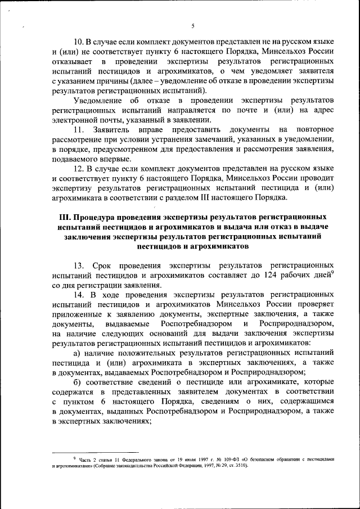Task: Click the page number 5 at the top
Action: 192,26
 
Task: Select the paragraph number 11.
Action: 79,130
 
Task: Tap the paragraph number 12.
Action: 80,168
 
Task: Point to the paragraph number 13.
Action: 80,264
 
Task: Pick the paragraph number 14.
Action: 80,294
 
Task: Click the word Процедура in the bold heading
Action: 104,217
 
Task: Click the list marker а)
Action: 78,352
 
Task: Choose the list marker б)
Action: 78,381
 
